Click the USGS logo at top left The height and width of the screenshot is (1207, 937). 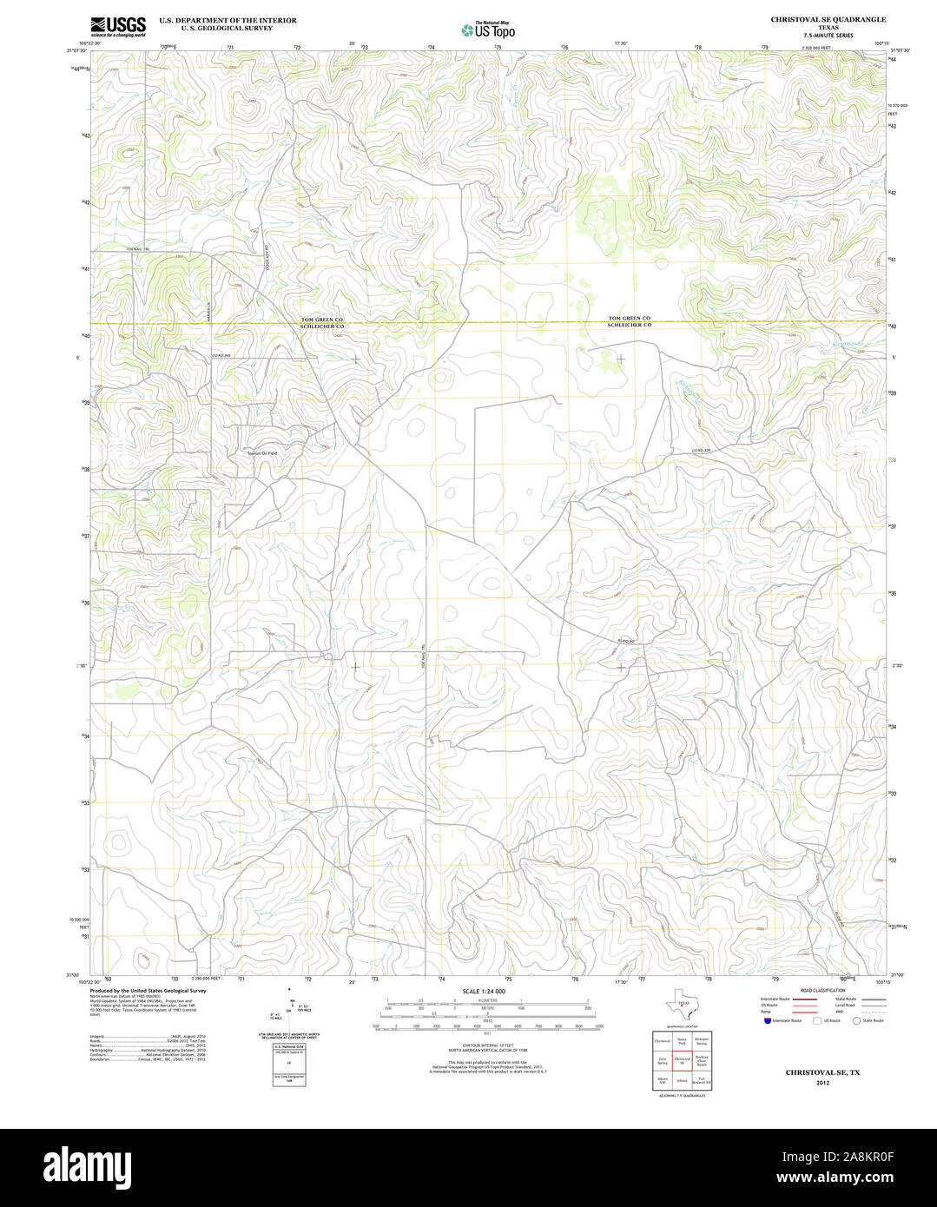[x=118, y=26]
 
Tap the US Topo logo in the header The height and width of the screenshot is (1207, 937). [x=488, y=30]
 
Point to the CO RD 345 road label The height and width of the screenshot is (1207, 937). [x=223, y=356]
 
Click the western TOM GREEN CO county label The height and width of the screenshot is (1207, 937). [x=322, y=320]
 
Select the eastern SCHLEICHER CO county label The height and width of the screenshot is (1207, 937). [x=629, y=326]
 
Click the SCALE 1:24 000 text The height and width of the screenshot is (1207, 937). [x=484, y=991]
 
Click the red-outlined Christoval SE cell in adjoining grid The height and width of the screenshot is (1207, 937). [x=683, y=1060]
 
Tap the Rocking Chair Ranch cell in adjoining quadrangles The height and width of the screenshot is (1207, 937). [x=702, y=1060]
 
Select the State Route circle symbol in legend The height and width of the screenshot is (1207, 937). [x=855, y=1021]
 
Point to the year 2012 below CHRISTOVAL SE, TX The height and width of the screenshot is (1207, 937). [x=822, y=1083]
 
